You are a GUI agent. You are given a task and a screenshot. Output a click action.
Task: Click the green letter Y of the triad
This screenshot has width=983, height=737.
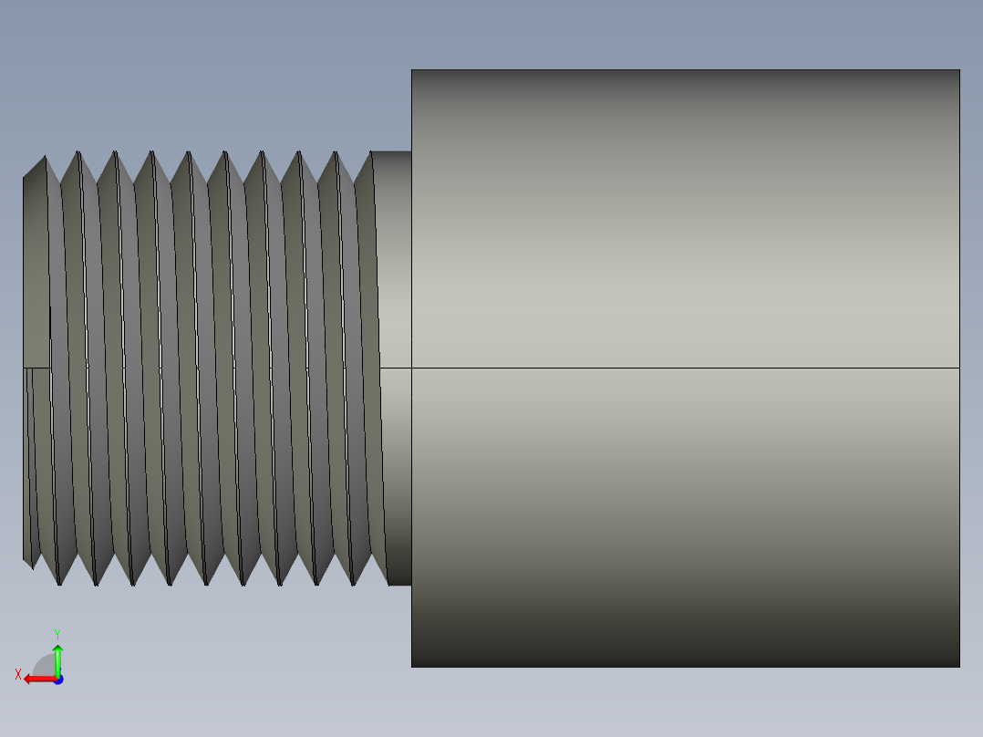tap(57, 632)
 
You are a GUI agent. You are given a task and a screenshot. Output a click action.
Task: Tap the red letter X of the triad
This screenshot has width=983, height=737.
tap(17, 674)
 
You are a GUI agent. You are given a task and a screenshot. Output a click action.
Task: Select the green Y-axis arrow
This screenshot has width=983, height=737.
tap(57, 659)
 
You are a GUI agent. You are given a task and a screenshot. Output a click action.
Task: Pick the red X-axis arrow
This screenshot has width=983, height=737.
tap(36, 679)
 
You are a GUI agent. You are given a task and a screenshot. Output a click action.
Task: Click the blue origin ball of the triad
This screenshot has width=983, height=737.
tap(57, 680)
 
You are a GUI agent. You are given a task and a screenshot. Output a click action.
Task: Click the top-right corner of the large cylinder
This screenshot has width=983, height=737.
tap(959, 70)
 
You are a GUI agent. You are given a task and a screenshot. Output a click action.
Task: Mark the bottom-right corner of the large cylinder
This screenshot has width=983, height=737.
tap(959, 667)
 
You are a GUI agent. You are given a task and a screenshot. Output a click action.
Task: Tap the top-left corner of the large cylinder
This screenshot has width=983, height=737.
tap(411, 70)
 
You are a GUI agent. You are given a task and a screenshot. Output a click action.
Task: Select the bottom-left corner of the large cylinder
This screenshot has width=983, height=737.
tap(411, 667)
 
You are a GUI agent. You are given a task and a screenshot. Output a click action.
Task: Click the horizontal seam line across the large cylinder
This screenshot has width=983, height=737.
tap(684, 368)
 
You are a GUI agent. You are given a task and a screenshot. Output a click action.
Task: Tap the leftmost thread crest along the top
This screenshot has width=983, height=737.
tap(44, 157)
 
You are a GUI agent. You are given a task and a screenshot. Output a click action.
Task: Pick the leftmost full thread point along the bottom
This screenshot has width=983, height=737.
tap(59, 584)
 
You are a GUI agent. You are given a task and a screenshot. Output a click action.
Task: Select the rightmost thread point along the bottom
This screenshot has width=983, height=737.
tap(354, 585)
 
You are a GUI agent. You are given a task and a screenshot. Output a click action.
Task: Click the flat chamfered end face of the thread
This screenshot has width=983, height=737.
tap(36, 274)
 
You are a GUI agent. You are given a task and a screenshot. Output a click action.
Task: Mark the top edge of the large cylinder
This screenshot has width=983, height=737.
tap(684, 70)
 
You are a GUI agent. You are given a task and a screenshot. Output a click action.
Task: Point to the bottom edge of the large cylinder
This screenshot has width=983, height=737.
tap(684, 667)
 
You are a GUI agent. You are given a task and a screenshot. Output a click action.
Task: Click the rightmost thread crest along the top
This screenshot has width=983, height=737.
tap(372, 152)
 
